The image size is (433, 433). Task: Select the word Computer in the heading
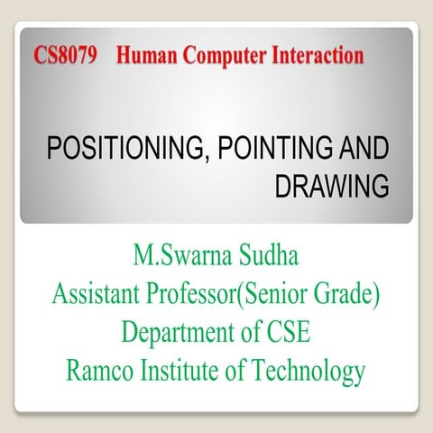pos(225,56)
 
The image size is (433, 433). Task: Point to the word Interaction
pos(314,56)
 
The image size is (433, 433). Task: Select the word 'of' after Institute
pos(243,370)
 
